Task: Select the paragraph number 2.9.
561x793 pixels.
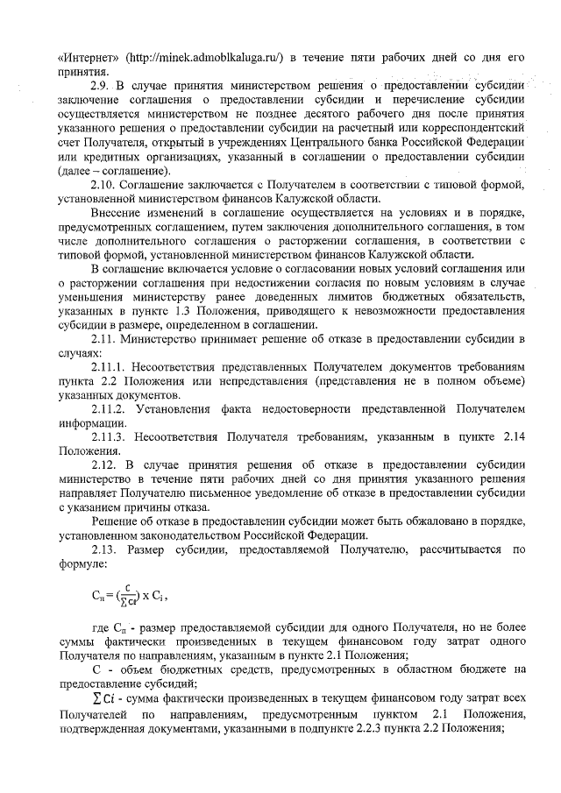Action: coord(101,86)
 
